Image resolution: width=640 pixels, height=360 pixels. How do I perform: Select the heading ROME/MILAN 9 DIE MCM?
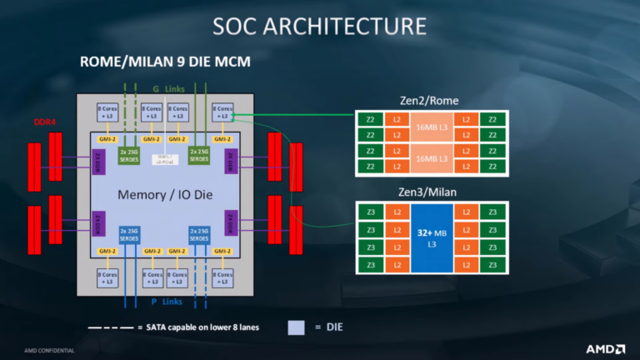click(x=165, y=62)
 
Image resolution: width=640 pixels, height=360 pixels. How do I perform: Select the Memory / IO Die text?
click(x=164, y=196)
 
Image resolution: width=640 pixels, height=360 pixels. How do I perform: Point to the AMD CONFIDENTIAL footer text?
click(x=49, y=351)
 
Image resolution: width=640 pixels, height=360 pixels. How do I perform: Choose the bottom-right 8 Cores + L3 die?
click(x=223, y=277)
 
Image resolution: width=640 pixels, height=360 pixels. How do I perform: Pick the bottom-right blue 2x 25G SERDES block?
click(x=200, y=235)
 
